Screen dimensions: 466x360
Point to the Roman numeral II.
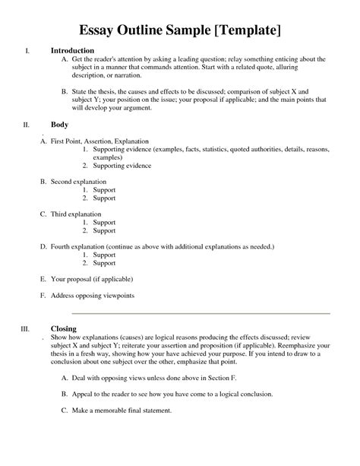tap(27, 125)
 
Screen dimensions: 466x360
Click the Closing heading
tap(64, 328)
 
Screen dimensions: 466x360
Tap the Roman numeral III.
tap(26, 329)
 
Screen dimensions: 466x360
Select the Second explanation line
tap(78, 182)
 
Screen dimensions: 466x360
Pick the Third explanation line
tap(75, 215)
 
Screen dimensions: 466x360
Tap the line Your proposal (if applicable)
tap(94, 279)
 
